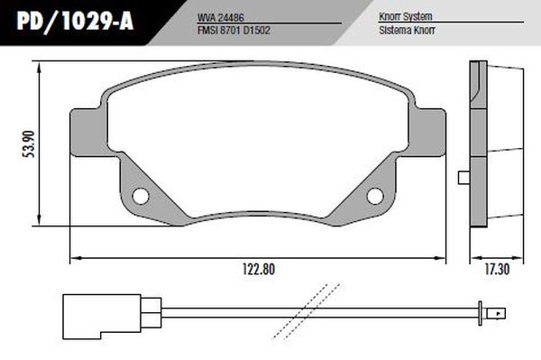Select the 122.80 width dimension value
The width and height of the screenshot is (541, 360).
(x=257, y=269)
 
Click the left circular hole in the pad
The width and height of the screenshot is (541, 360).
(x=141, y=197)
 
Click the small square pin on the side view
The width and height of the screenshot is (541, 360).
(x=464, y=177)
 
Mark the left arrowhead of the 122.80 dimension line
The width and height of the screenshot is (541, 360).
(x=75, y=259)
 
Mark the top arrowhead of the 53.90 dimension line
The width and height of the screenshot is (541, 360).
(x=39, y=65)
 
